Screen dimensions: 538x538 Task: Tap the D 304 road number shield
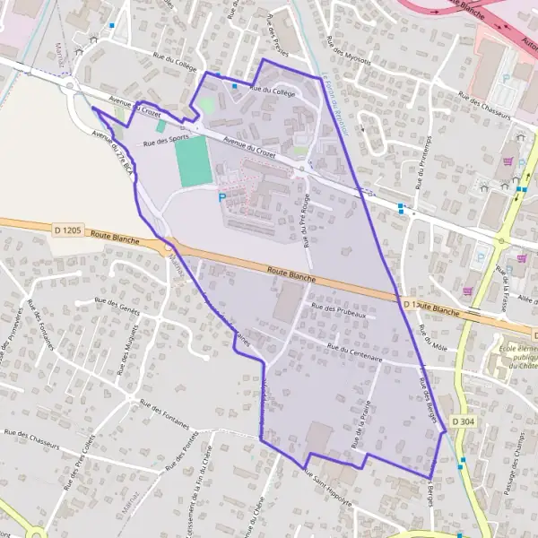(463, 421)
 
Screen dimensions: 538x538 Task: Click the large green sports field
(192, 161)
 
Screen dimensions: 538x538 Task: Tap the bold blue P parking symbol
(222, 196)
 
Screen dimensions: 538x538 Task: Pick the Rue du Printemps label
(421, 161)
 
